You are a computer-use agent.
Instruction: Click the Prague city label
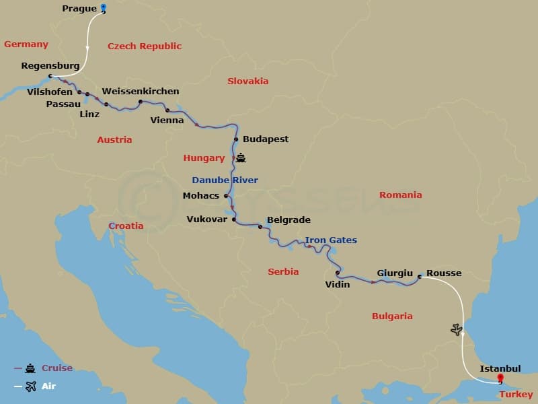79,9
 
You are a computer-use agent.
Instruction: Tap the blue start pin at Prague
104,8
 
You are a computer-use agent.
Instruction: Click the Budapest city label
266,139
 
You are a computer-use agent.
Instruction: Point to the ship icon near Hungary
241,158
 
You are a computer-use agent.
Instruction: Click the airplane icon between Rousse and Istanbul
457,329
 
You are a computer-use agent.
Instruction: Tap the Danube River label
225,180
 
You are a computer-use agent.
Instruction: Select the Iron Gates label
331,240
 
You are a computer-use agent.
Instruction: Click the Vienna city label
167,121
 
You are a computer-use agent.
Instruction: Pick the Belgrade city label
289,220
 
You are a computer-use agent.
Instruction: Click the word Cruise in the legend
57,368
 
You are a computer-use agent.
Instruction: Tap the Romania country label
400,195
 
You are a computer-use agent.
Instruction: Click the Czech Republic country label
145,46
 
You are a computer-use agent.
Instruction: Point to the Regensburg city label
50,67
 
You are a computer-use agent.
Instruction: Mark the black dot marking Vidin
337,273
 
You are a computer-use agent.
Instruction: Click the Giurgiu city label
395,273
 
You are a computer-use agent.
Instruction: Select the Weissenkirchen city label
141,92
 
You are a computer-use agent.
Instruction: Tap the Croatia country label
126,226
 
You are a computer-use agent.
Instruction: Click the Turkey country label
516,395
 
